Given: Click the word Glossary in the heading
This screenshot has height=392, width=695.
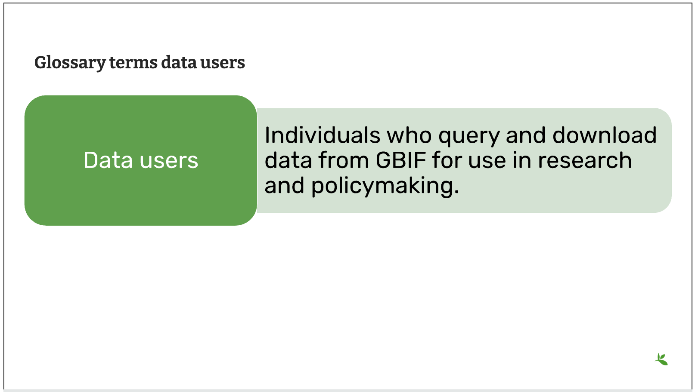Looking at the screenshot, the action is coord(70,63).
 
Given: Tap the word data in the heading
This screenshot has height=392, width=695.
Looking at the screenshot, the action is coord(179,62).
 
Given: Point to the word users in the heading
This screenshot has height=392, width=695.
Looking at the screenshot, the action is coord(223,63).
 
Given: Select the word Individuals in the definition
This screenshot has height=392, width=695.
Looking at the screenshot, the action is coord(323,135).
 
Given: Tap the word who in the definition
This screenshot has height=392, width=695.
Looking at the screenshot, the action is coord(409,135).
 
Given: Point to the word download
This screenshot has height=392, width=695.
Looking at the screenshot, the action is coord(605,135).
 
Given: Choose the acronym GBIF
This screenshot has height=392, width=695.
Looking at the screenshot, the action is coord(401,160).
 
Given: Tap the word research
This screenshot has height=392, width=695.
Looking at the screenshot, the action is coord(585,160).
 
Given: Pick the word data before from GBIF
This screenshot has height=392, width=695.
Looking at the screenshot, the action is coord(288,160).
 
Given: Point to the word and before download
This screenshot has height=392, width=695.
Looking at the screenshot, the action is coord(526,135).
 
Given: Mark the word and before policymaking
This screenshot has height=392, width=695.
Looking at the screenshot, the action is coord(285,186).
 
